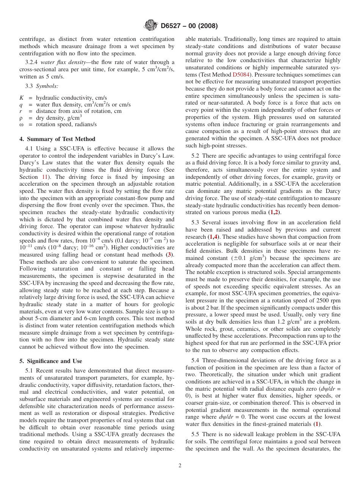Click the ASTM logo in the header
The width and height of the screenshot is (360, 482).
pos(151,26)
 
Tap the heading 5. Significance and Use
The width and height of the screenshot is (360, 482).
pos(51,361)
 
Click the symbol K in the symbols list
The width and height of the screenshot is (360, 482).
pos(22,98)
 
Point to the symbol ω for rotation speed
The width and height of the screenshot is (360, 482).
pos(22,124)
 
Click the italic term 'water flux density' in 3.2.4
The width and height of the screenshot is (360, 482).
pos(58,62)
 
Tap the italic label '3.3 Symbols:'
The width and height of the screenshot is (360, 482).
pos(42,86)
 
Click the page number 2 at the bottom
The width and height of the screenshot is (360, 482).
pos(180,466)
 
